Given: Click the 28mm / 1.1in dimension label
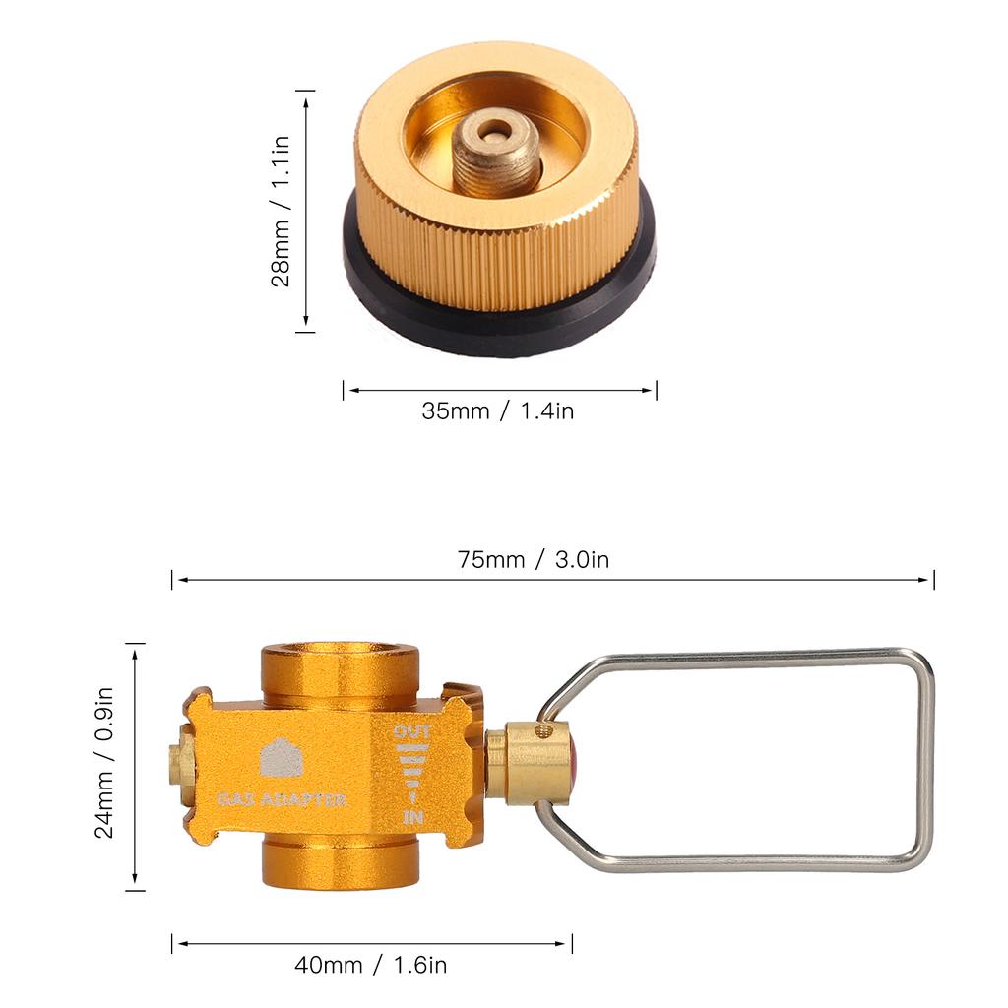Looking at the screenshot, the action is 281,212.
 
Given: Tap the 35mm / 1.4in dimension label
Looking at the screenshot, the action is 497,410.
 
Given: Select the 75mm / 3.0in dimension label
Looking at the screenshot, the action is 533,559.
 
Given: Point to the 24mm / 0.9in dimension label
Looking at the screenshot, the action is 104,763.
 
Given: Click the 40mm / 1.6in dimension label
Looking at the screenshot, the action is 371,965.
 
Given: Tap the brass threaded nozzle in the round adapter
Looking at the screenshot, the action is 496,154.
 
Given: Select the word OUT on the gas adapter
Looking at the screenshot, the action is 412,731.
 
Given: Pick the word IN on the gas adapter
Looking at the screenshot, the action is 412,817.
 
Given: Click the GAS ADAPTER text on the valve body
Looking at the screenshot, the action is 282,799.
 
